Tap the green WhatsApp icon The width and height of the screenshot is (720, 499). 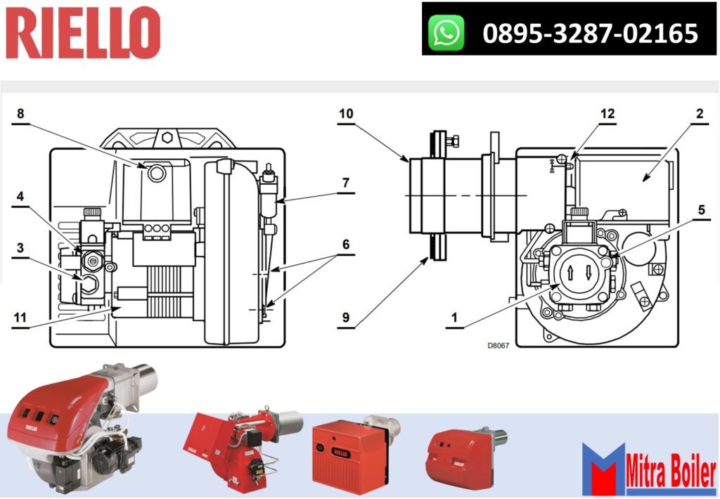447,33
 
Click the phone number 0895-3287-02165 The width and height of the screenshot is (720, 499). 590,33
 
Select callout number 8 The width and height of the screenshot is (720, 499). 20,113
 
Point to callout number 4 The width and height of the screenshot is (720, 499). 20,196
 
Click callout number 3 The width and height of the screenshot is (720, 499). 20,247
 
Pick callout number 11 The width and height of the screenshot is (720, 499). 20,318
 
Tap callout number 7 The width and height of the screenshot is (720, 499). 345,182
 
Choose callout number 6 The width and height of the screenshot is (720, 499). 345,245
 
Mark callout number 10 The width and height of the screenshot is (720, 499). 345,112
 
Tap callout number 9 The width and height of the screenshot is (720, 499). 345,318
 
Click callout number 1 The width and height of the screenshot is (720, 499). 454,318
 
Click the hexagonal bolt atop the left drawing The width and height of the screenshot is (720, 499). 166,137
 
